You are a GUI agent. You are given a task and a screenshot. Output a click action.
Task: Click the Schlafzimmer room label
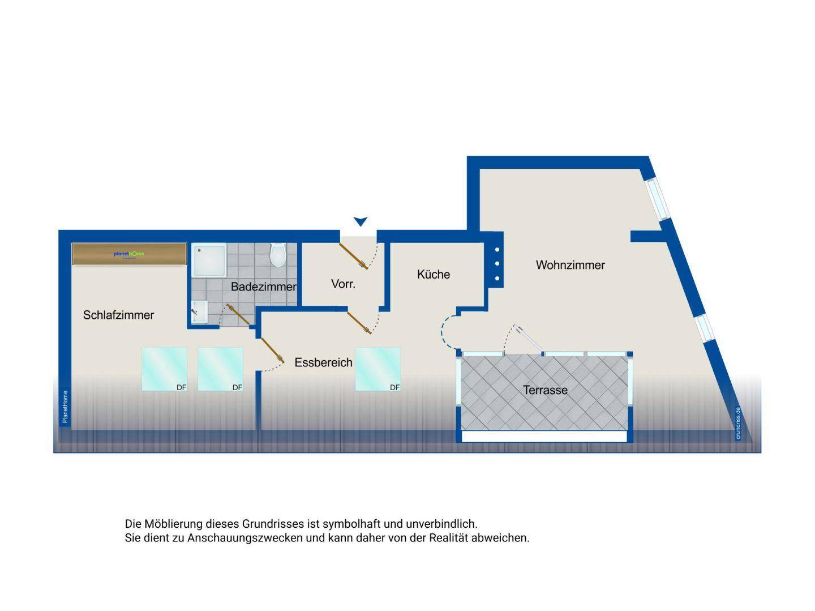(x=118, y=315)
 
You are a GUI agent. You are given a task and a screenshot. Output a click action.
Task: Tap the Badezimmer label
(x=263, y=287)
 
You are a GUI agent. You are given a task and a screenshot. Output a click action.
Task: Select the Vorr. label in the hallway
(x=343, y=284)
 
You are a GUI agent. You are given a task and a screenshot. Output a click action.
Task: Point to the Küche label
(x=434, y=275)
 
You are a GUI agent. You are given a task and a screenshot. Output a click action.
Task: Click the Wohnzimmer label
(x=570, y=265)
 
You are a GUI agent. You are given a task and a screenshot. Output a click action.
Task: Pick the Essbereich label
(x=323, y=363)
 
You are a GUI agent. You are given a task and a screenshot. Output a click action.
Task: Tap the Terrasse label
(x=545, y=390)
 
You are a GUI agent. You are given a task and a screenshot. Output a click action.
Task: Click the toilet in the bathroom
(x=277, y=255)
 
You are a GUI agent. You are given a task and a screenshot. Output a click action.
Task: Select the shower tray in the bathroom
(x=209, y=260)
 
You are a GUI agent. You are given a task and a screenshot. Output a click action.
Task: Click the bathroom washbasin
(x=199, y=311)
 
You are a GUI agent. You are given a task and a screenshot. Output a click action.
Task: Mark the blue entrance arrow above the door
(x=361, y=221)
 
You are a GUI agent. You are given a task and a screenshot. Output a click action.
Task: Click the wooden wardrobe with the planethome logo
(x=129, y=254)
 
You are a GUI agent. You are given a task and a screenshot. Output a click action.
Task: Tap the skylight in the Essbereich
(x=378, y=369)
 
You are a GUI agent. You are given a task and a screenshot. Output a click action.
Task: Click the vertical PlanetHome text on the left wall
(x=65, y=407)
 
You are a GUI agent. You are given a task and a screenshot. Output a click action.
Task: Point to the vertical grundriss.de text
(x=738, y=423)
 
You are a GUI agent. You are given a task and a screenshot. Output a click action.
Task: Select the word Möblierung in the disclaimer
(x=173, y=524)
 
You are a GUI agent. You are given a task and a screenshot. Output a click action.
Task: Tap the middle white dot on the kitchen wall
(x=497, y=263)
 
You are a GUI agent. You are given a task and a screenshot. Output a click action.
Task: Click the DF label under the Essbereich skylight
(x=394, y=387)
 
